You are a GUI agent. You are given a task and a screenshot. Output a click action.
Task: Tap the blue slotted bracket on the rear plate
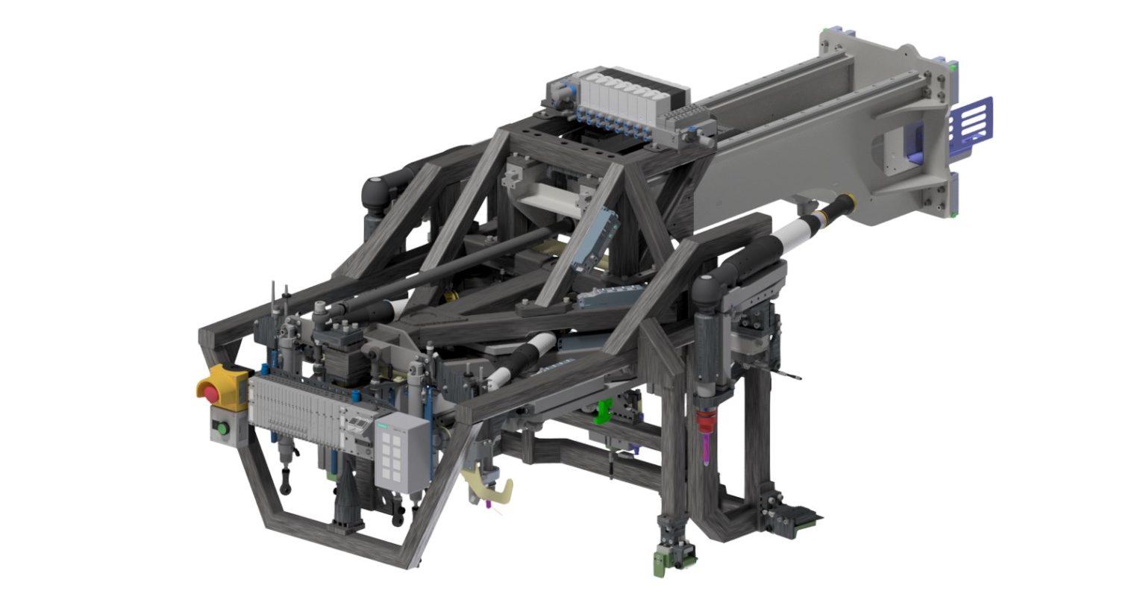click(974, 119)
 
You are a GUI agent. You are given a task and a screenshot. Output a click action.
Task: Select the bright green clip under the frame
click(602, 411)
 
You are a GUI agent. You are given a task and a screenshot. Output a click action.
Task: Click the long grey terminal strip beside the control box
click(298, 407)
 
